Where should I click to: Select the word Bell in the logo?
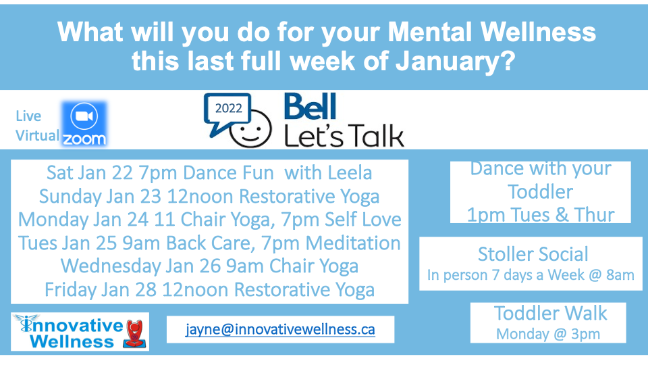pos(310,106)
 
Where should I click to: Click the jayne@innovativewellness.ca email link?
pos(280,329)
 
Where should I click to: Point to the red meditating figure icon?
pos(134,333)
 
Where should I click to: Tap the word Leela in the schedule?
pos(349,173)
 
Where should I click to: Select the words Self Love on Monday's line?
pos(363,219)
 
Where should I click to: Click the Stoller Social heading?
pos(533,254)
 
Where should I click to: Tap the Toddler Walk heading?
pos(551,313)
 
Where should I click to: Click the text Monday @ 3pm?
pos(548,334)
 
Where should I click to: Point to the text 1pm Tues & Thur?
pos(541,215)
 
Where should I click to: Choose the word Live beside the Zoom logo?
pos(28,116)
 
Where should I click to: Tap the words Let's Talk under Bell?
pos(344,135)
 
